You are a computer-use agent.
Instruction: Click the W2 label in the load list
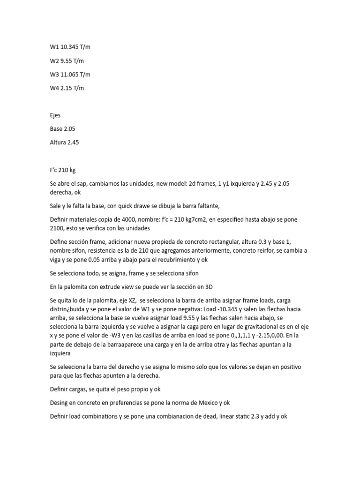pyautogui.click(x=54, y=60)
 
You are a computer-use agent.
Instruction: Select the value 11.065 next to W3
pyautogui.click(x=69, y=75)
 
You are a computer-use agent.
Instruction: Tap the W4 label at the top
pyautogui.click(x=54, y=88)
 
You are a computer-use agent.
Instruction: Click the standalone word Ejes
pyautogui.click(x=55, y=115)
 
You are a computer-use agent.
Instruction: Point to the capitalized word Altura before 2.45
pyautogui.click(x=58, y=142)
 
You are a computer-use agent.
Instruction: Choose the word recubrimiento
pyautogui.click(x=172, y=259)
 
